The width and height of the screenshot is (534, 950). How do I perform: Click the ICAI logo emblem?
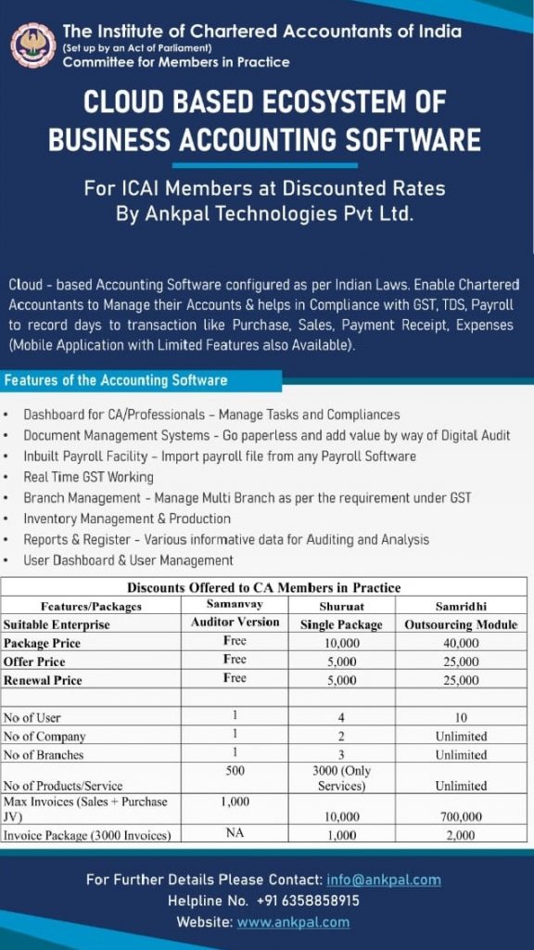(33, 45)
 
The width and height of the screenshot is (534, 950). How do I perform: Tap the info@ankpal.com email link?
(383, 879)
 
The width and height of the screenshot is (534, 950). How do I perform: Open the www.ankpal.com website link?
(293, 922)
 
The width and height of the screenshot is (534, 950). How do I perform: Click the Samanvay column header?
(235, 605)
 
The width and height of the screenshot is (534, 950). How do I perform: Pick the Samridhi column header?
(460, 606)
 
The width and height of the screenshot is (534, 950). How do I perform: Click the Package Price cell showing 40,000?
(460, 643)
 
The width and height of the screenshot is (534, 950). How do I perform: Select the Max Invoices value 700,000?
(460, 817)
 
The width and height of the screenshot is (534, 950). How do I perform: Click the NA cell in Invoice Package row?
(235, 835)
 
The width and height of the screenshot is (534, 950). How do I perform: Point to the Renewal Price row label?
(43, 680)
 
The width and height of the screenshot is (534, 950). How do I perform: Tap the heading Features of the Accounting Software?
(116, 380)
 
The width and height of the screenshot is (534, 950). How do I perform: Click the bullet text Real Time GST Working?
(89, 477)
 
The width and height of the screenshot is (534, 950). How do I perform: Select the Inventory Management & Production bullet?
(127, 519)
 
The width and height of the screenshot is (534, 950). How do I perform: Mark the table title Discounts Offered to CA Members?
(263, 587)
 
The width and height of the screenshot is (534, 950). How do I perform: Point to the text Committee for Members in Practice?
(176, 62)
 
